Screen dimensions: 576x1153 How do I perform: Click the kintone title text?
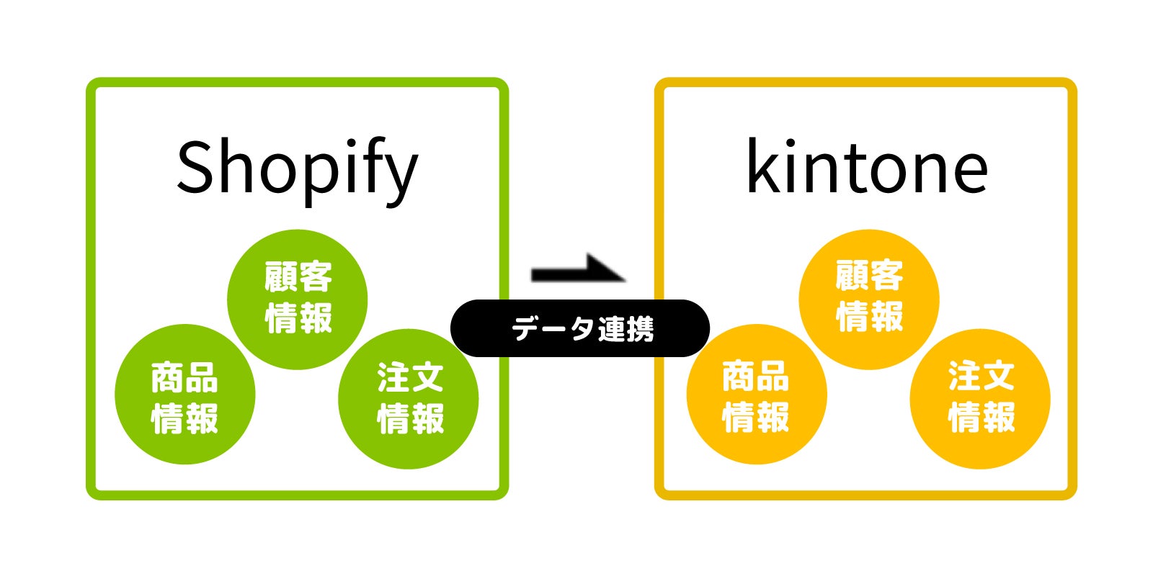(867, 168)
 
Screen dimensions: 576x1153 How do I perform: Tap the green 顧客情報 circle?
(298, 299)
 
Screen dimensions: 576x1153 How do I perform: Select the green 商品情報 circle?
(185, 395)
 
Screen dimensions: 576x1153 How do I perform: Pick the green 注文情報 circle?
(409, 398)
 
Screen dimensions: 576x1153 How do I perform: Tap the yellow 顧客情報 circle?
(869, 299)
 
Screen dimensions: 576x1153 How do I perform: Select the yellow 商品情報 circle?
(757, 395)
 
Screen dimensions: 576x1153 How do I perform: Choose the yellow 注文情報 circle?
(980, 398)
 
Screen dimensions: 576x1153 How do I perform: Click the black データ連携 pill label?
(580, 329)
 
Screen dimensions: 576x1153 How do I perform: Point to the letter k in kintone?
(764, 167)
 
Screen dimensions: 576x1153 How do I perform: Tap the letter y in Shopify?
(401, 176)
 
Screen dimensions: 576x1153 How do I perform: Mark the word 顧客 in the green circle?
(298, 277)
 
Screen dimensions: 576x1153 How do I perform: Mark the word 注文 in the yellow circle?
(981, 377)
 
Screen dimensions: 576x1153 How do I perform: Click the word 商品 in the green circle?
(184, 378)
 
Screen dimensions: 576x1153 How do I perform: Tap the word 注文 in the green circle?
(410, 377)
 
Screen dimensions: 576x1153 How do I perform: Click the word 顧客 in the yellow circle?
(869, 276)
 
